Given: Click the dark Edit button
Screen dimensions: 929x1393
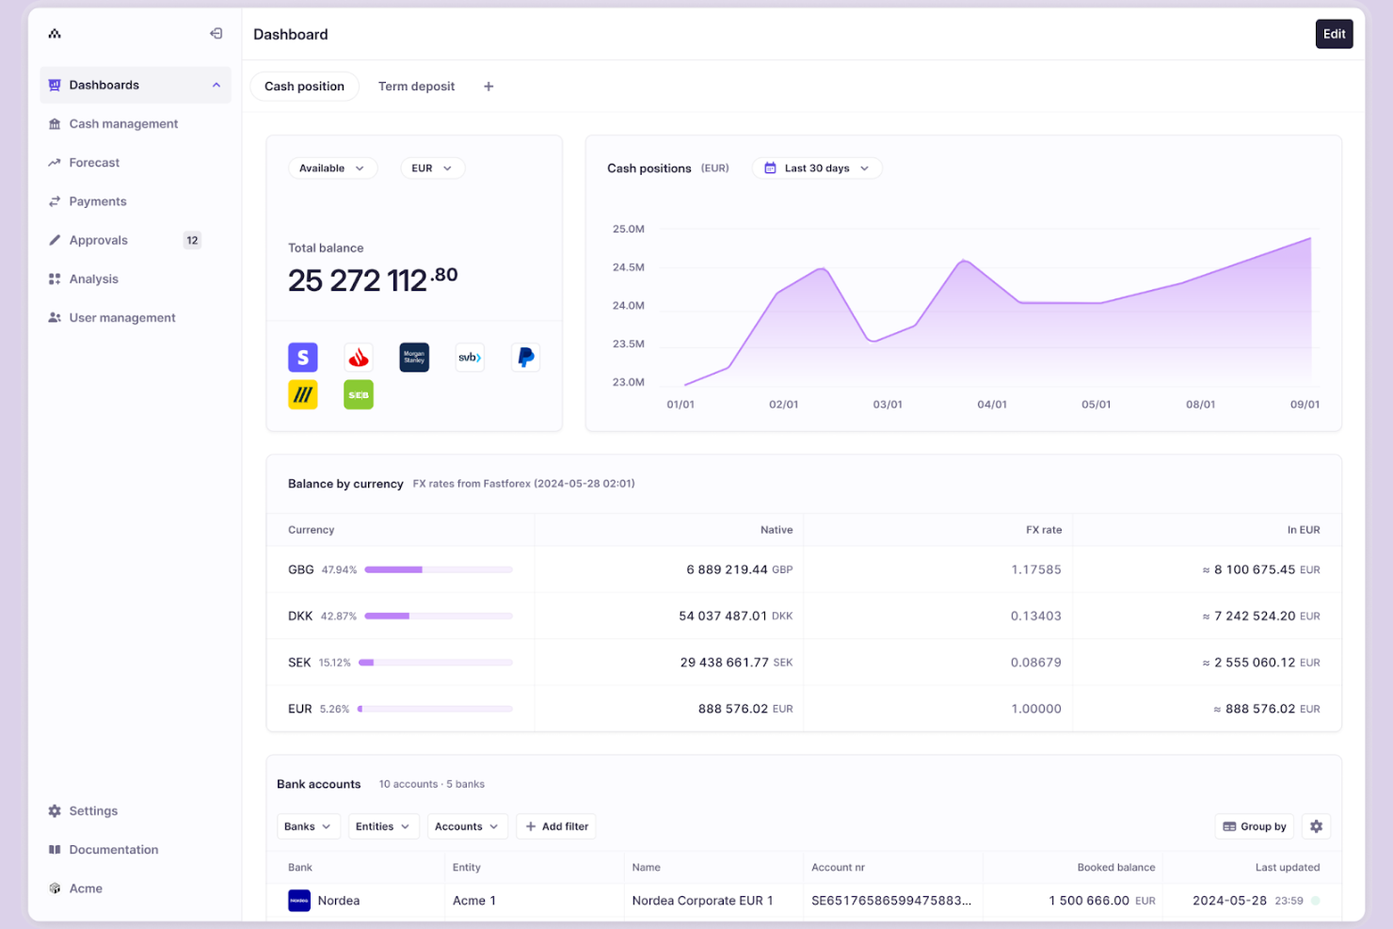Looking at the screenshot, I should pyautogui.click(x=1333, y=34).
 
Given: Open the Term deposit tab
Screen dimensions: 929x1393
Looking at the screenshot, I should pyautogui.click(x=416, y=87).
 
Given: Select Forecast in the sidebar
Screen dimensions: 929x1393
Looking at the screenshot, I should pyautogui.click(x=94, y=163).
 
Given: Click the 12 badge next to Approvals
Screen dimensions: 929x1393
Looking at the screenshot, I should pyautogui.click(x=192, y=240).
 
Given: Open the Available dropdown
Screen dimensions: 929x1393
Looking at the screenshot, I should pyautogui.click(x=331, y=168).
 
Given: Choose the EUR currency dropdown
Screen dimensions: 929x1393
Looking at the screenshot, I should pyautogui.click(x=431, y=168).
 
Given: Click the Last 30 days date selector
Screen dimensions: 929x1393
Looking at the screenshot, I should pyautogui.click(x=816, y=168).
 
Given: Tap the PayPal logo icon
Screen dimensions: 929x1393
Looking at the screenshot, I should pyautogui.click(x=525, y=358).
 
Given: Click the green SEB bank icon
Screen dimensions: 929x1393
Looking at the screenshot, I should pyautogui.click(x=359, y=395).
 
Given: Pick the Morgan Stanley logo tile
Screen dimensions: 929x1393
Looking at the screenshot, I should pyautogui.click(x=414, y=358).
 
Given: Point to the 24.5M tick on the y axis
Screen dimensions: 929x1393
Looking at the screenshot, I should pyautogui.click(x=628, y=267).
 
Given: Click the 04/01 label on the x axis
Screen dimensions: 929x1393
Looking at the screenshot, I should pyautogui.click(x=991, y=405).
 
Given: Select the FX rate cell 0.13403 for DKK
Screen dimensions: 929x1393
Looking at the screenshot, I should pyautogui.click(x=1035, y=617).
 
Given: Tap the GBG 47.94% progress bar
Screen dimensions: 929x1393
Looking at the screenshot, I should pyautogui.click(x=438, y=569).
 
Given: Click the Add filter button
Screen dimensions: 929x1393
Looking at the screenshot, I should pyautogui.click(x=557, y=826).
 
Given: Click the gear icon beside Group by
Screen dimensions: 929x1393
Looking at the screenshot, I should pyautogui.click(x=1316, y=826).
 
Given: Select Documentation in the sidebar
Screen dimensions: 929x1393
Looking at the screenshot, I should pyautogui.click(x=113, y=850).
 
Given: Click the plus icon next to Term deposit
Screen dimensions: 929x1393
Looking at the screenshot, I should pyautogui.click(x=488, y=87).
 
